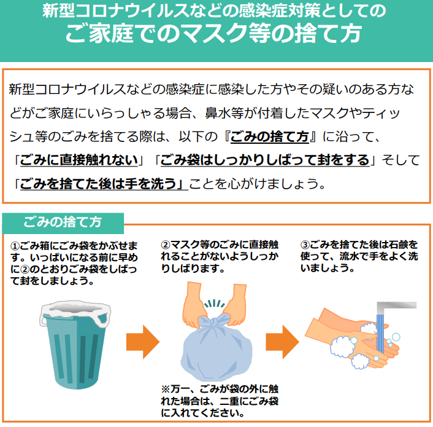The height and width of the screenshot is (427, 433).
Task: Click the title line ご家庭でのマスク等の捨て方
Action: [213, 33]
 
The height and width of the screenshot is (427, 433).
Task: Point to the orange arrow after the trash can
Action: [143, 342]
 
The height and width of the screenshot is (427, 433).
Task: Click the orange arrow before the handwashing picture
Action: [282, 342]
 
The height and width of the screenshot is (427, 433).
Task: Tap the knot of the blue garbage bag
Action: [214, 323]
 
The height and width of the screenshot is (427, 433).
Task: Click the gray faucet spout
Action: [396, 307]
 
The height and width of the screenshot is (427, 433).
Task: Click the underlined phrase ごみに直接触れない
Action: [79, 161]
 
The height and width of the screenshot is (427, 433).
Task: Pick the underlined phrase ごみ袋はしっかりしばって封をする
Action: [264, 161]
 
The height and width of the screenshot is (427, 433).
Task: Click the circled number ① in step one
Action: [15, 246]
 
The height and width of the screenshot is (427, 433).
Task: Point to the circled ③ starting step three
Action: [305, 245]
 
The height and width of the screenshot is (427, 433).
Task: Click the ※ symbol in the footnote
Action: [166, 390]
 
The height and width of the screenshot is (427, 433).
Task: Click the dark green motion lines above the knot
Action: [214, 304]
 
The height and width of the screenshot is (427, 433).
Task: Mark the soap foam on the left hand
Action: [342, 346]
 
